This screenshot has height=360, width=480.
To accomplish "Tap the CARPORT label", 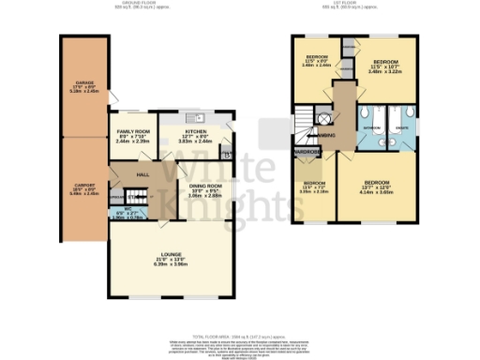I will pos(84,184).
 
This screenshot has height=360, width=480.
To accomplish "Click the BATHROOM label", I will pos(371,126).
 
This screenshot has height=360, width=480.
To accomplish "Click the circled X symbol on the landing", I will pos(324,119).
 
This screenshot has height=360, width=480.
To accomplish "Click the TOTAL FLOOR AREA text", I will pos(239,336).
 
